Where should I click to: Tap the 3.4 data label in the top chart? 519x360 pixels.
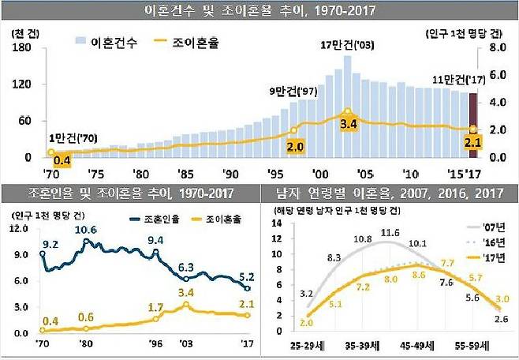[348, 126]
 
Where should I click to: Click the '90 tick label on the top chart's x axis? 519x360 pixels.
[230, 173]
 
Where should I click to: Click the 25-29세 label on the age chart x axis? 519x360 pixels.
[305, 346]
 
